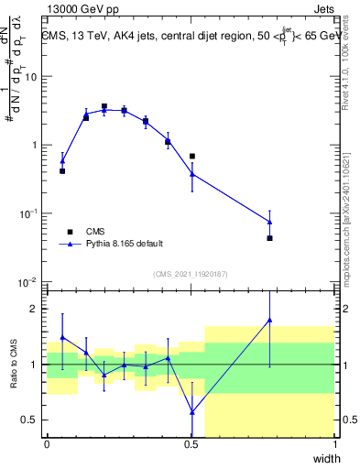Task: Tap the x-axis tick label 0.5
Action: (x=191, y=444)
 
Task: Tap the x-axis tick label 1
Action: (x=335, y=444)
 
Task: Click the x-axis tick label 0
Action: (x=47, y=444)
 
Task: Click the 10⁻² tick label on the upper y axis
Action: (x=29, y=281)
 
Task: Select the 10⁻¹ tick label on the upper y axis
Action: (x=29, y=213)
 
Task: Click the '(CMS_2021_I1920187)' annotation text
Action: (x=191, y=274)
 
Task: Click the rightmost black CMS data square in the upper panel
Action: (x=269, y=238)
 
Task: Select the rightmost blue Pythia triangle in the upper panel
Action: (x=269, y=221)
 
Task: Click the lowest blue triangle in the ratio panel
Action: (x=191, y=412)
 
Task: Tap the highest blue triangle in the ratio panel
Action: (x=269, y=320)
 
